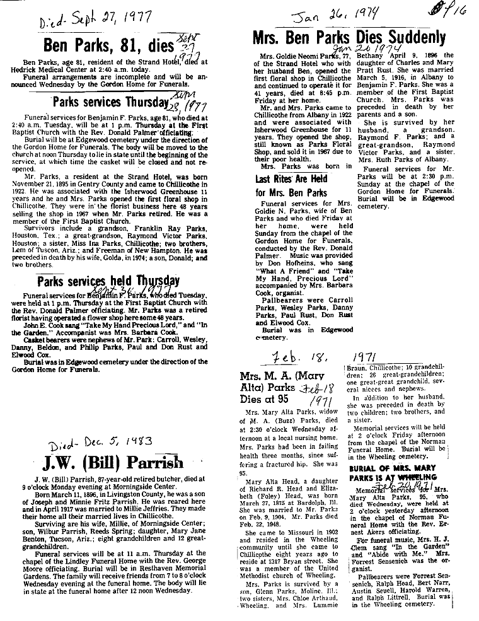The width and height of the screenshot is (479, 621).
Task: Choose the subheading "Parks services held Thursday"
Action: coord(108,281)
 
